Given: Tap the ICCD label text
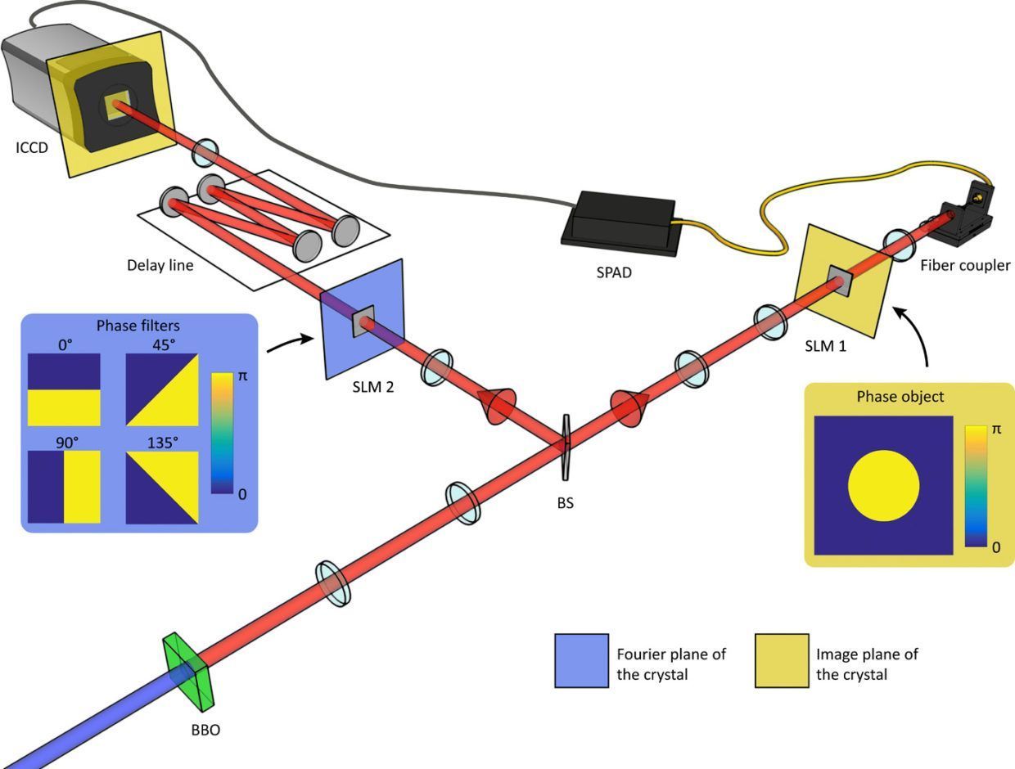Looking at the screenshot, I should coord(32,148).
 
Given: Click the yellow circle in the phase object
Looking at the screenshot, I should coord(883,486).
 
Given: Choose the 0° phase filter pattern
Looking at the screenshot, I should coord(64,389).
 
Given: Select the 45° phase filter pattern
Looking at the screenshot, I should coord(162,389).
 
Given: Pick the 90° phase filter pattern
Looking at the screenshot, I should coord(64,487).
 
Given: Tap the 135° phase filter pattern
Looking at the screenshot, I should coord(162,487).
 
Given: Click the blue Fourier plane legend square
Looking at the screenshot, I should coord(581,660).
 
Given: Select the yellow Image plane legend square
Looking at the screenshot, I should coord(781,660).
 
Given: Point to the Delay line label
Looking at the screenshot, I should coord(160,265).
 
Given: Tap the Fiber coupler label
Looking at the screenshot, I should coord(965,265).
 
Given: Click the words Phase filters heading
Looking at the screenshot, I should coord(139,326).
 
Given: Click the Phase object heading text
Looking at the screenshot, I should coord(900,397).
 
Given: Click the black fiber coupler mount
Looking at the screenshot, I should coord(966,217).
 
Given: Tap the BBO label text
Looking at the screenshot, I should coord(201,729).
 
